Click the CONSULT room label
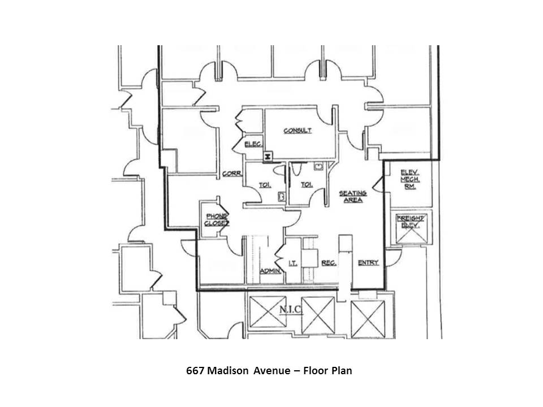pos(298,131)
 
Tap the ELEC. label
pos(252,145)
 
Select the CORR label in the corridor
pos(232,174)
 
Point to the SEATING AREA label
pos(353,196)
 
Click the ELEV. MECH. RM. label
pos(409,179)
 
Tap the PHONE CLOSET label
pos(217,219)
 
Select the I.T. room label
pos(293,263)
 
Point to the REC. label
pos(329,263)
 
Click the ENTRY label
pos(368,263)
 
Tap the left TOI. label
pos(265,185)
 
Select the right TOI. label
pos(306,184)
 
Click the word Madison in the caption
pos(226,371)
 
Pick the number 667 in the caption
pos(196,371)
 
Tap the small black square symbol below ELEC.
pos(268,155)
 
